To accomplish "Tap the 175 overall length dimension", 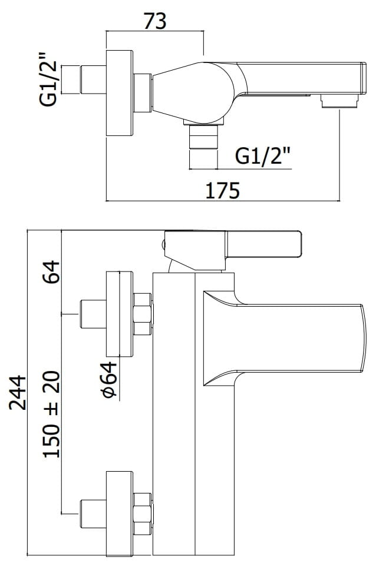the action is click(223, 190).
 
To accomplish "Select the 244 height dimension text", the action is click(18, 393).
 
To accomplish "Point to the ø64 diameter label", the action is click(110, 379).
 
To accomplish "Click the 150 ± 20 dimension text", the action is click(51, 414).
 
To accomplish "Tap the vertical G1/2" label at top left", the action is click(49, 79).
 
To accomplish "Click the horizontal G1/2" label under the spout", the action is click(263, 156).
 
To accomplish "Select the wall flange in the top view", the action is click(120, 94).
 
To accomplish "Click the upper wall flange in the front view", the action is click(120, 314).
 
